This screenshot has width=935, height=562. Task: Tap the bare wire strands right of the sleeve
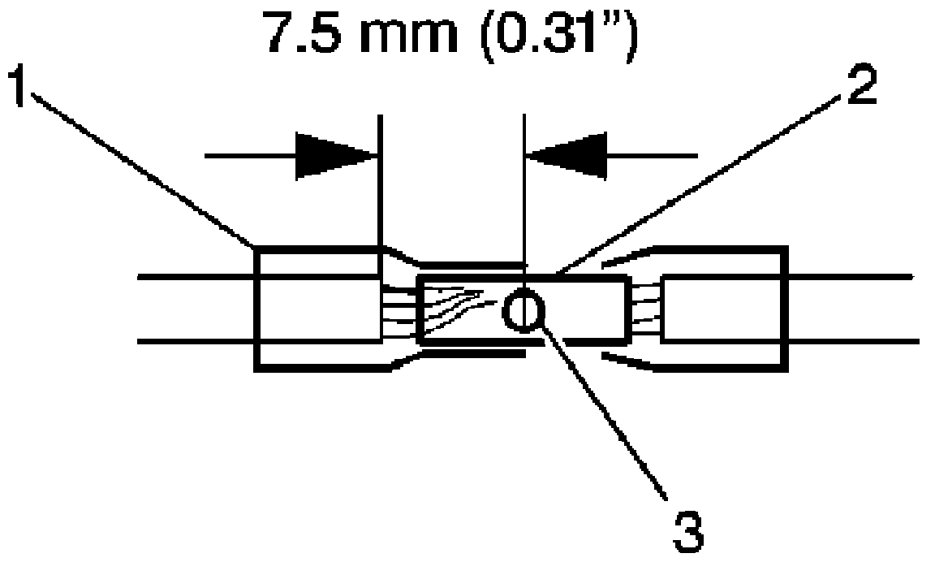coord(646,309)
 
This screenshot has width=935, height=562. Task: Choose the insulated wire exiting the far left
coord(195,309)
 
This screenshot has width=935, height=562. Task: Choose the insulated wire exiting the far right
coord(852,309)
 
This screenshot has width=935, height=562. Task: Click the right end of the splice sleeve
coord(627,309)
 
